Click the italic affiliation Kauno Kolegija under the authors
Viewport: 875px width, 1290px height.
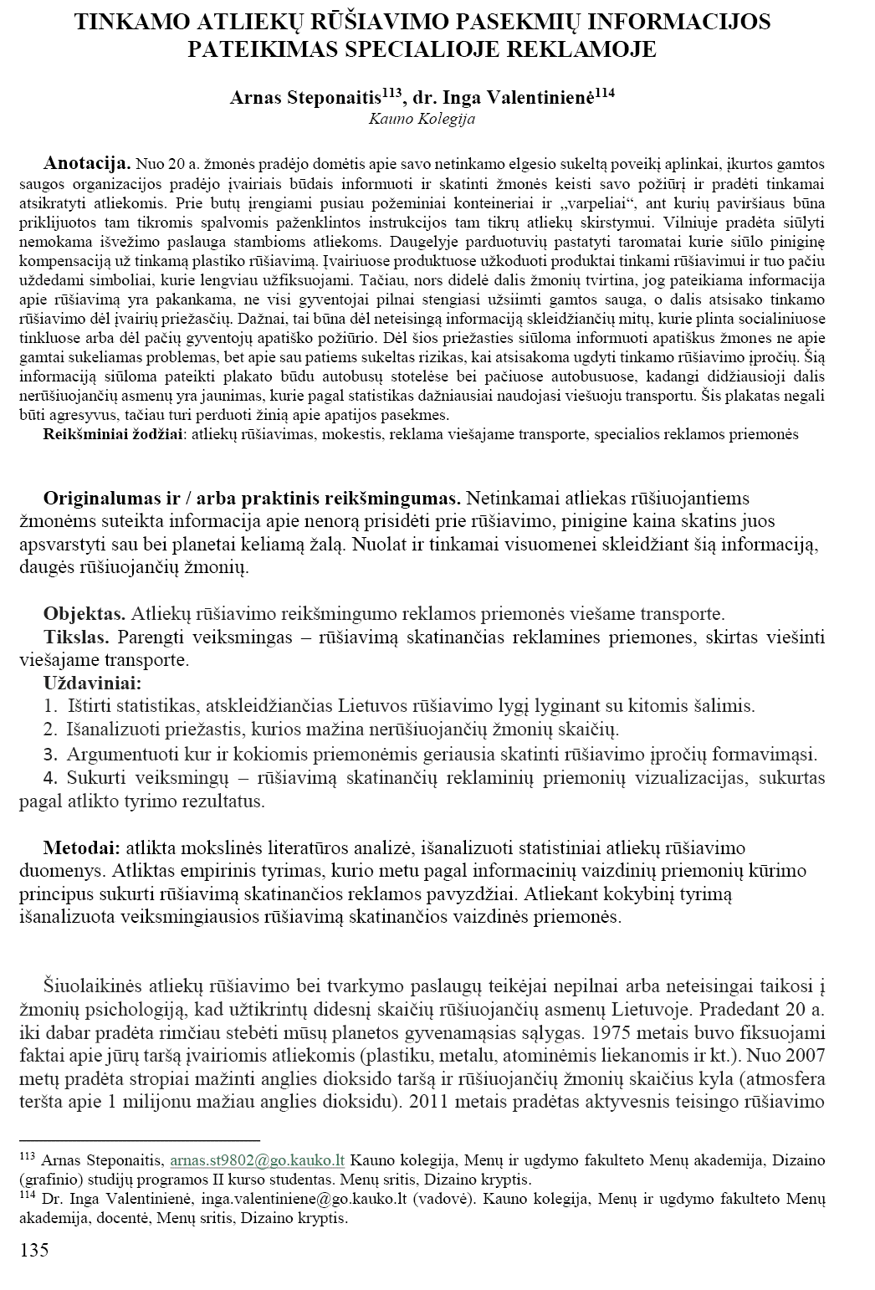(x=422, y=119)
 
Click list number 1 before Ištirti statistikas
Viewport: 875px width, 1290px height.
(x=50, y=705)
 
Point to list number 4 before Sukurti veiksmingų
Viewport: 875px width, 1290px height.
(x=50, y=778)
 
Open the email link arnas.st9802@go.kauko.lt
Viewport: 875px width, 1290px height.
(x=258, y=1161)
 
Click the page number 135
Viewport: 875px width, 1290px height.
(x=33, y=1251)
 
